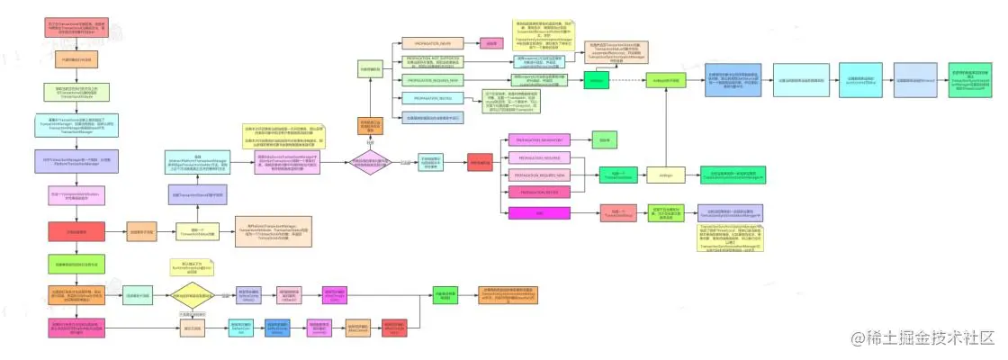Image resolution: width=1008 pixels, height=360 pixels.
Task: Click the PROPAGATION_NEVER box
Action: (427, 42)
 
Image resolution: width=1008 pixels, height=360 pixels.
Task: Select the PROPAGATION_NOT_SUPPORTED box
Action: (427, 61)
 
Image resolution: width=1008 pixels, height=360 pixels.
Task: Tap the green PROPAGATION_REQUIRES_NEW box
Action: (427, 80)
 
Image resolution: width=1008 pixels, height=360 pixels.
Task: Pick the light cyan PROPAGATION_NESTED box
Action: (427, 98)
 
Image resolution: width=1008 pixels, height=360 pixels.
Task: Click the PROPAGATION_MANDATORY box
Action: (539, 140)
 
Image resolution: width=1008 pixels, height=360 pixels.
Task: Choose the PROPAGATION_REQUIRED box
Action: (539, 157)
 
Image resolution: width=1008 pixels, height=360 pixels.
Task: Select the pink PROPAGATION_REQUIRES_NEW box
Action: (539, 175)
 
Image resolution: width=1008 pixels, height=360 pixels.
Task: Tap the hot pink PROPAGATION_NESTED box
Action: (539, 193)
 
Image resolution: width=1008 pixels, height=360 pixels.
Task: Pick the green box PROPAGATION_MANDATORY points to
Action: (600, 140)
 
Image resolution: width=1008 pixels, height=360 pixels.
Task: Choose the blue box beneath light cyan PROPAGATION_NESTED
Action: (427, 117)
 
